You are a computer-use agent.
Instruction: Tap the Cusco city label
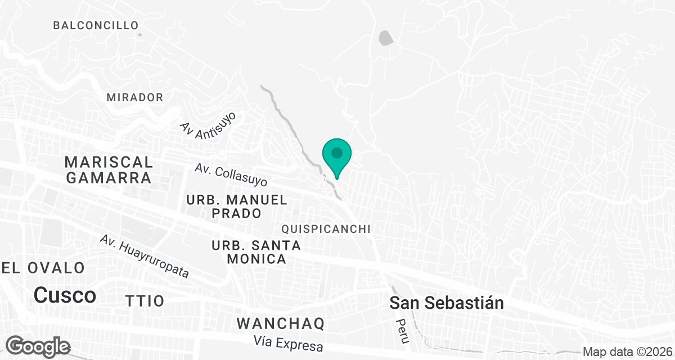(x=65, y=295)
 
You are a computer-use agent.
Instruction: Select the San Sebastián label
(x=447, y=303)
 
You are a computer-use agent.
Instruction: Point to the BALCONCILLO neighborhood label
(x=96, y=25)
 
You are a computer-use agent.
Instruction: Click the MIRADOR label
(x=135, y=97)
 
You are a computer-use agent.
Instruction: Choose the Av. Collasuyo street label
(x=231, y=175)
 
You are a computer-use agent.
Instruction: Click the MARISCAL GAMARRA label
(x=109, y=170)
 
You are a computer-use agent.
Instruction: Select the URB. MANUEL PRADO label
(x=237, y=206)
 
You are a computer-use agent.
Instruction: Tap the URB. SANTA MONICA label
(x=256, y=253)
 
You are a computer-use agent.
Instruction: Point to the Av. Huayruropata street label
(x=144, y=256)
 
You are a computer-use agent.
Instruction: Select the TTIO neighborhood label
(x=145, y=300)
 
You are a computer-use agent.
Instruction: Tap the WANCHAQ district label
(x=281, y=323)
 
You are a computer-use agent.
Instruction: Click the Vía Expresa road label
(x=288, y=343)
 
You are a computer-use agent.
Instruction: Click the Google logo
(x=38, y=345)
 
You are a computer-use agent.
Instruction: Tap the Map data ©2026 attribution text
(x=627, y=352)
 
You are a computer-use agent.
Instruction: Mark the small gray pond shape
(x=386, y=38)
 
